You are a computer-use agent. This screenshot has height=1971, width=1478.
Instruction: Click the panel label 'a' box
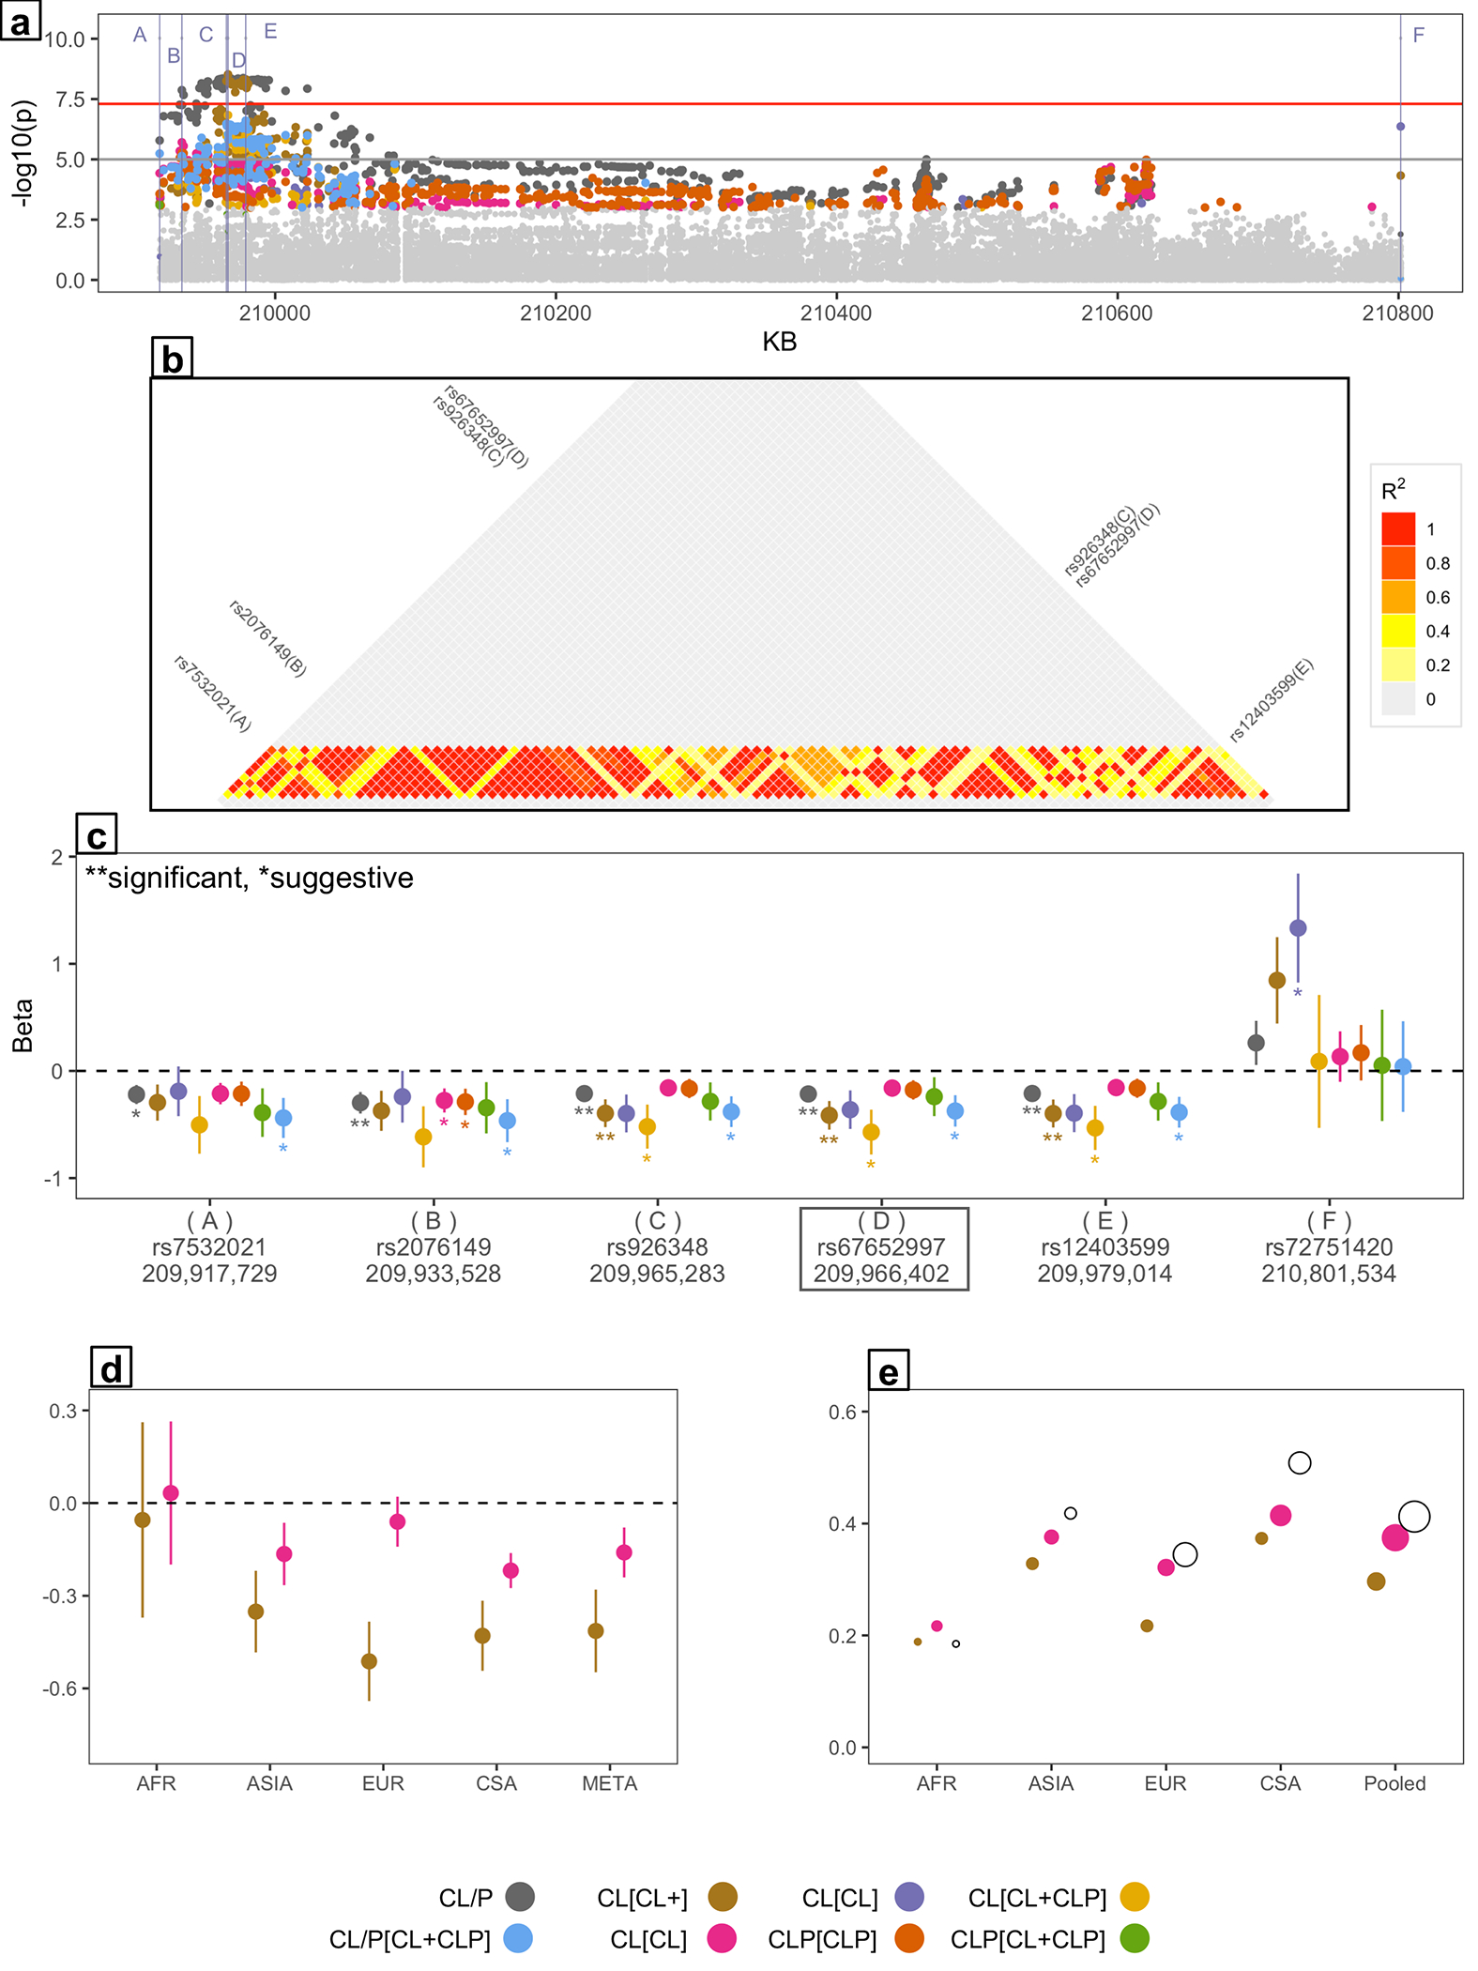pos(20,20)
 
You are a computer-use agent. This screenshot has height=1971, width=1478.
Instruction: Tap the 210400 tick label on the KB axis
pos(835,313)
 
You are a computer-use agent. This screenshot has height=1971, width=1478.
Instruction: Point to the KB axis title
pos(779,342)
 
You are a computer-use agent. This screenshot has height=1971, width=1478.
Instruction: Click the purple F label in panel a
pos(1418,36)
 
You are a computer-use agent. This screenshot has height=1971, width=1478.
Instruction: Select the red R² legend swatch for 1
pos(1397,529)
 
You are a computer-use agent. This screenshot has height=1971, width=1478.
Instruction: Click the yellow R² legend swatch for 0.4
pos(1397,631)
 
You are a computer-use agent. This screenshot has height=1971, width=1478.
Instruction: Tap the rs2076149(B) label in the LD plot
pos(267,639)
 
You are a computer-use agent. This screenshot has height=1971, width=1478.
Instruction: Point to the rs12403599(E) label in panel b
pos(1272,700)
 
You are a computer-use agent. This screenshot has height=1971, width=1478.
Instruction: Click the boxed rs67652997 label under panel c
pos(882,1248)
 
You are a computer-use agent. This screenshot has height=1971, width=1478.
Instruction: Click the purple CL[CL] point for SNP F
pos(1298,928)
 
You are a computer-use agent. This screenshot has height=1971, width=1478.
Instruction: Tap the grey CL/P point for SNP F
pos(1256,1043)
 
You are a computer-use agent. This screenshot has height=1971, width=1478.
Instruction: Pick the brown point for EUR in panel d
pos(370,1661)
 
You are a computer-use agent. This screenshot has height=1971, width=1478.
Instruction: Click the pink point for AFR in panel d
pos(171,1493)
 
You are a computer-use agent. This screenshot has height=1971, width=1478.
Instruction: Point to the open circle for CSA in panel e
pos(1299,1462)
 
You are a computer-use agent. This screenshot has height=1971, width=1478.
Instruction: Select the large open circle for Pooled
pos(1414,1516)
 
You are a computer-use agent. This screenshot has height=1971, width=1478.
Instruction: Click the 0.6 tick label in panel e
pos(842,1413)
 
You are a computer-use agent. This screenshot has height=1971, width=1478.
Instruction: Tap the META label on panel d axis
pos(609,1783)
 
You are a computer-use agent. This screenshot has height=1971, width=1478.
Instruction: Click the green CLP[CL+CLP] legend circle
pos(1135,1938)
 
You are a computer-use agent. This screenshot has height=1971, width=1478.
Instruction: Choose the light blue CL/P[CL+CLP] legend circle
pos(518,1938)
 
